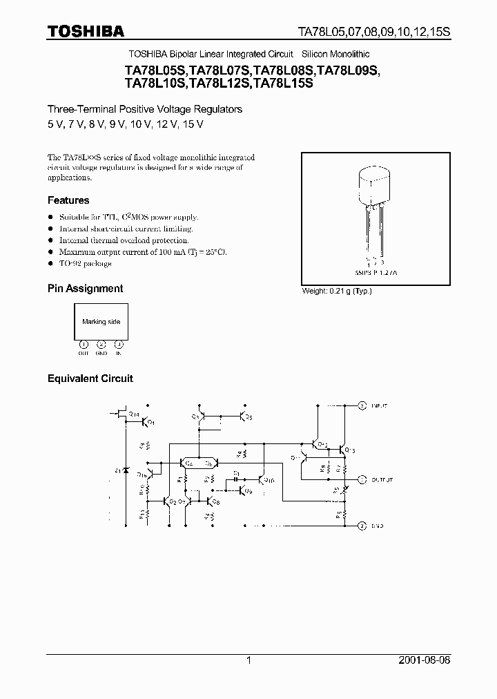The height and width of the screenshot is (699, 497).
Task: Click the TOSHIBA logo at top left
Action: [86, 30]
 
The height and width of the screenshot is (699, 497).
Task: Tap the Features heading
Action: [68, 200]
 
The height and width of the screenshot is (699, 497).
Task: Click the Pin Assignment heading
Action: [85, 289]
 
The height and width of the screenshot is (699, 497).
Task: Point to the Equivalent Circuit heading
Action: [90, 379]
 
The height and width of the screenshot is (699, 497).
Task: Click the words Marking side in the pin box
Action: [101, 322]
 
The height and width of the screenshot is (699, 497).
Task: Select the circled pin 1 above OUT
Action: [84, 344]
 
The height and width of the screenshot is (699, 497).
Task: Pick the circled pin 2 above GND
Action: [101, 344]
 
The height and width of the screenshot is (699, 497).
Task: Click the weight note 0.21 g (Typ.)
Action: [337, 291]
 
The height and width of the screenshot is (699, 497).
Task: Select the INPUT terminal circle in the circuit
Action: [362, 405]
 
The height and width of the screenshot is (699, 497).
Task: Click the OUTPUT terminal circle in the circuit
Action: [362, 479]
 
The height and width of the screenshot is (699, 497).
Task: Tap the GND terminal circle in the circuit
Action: [362, 526]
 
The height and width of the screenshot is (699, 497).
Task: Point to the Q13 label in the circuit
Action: [349, 450]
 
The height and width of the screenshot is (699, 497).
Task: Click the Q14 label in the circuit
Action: [136, 414]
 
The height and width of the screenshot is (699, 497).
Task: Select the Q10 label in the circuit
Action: [269, 481]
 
